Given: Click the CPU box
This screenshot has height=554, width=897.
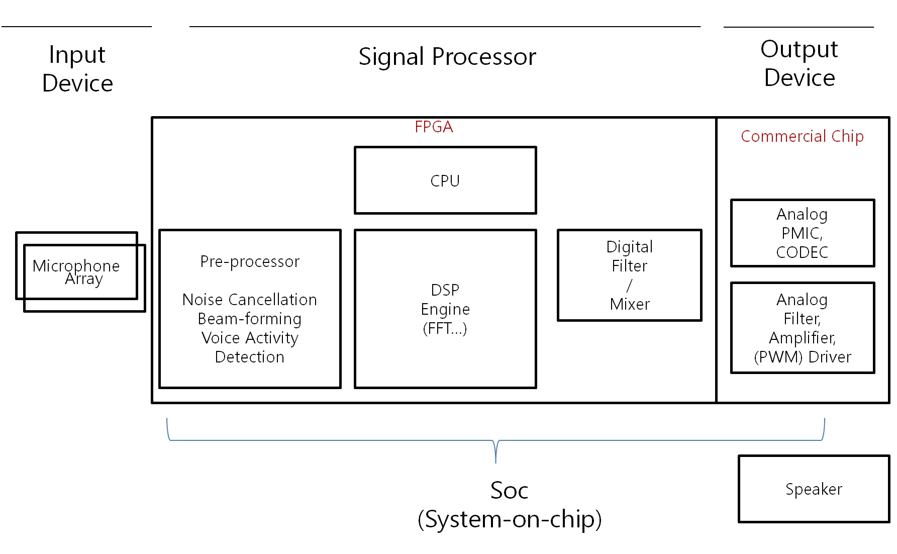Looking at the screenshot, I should (x=445, y=180).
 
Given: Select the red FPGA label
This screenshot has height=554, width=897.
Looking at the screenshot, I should (x=434, y=127).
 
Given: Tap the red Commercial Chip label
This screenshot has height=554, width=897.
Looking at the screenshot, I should (x=802, y=136).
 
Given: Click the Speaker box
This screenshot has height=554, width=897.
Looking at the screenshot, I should (x=814, y=489).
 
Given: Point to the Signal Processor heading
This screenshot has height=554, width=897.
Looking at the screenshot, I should (x=447, y=57).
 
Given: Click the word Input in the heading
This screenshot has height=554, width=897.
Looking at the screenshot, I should (x=77, y=55).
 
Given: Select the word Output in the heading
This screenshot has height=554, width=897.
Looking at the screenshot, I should (x=799, y=49).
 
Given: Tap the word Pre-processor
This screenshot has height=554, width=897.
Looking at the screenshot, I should (x=250, y=261).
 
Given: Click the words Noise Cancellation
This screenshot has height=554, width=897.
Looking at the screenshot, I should (x=250, y=300).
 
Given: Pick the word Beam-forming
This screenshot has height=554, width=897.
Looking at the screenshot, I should (x=250, y=319).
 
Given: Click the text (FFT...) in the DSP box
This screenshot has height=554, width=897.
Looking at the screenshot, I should (x=445, y=328).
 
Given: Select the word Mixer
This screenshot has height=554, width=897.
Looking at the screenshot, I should (x=630, y=304).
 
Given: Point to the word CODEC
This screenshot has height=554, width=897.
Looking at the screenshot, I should (x=802, y=252).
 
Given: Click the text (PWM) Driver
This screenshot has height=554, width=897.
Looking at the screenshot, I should (x=803, y=357).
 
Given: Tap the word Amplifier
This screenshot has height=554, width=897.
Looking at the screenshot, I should (x=802, y=338).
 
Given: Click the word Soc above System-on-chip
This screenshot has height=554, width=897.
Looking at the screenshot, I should (x=509, y=490).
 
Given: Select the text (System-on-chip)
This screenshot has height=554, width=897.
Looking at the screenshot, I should (x=509, y=519).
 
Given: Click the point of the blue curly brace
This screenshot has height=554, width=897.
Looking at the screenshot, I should (x=496, y=460).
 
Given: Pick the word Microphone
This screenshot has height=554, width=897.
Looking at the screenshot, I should (x=76, y=265).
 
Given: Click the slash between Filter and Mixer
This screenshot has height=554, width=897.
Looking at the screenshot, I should (x=629, y=286).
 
